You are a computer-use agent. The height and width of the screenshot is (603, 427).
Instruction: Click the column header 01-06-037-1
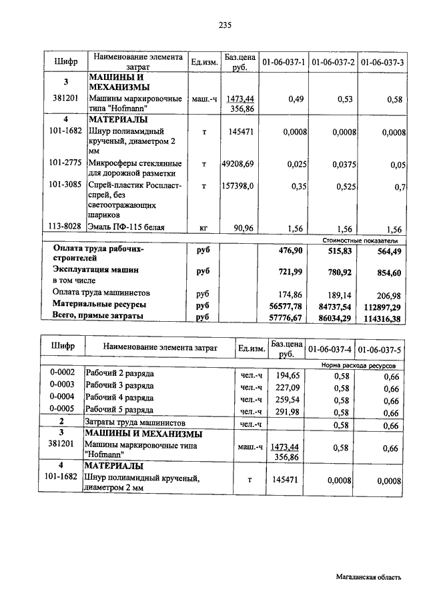pyautogui.click(x=284, y=62)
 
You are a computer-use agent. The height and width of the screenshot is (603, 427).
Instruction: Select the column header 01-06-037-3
pyautogui.click(x=382, y=62)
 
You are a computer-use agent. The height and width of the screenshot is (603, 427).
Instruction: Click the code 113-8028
pyautogui.click(x=65, y=227)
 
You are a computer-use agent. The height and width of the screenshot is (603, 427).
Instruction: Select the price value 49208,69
pyautogui.click(x=238, y=163)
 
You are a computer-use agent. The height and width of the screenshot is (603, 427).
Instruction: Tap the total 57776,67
pyautogui.click(x=288, y=318)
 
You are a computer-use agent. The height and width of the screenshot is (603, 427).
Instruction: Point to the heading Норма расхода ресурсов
pyautogui.click(x=358, y=366)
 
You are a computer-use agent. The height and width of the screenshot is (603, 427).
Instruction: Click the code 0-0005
pyautogui.click(x=62, y=408)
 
